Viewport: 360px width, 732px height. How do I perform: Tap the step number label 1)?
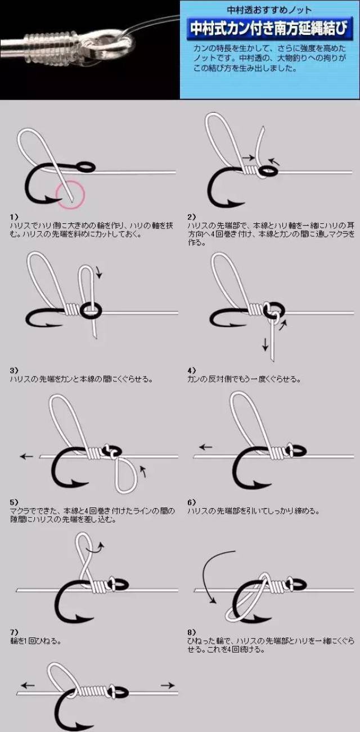[14, 217]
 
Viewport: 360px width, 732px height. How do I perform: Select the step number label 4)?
[192, 371]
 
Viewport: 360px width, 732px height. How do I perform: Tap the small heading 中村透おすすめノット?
[269, 10]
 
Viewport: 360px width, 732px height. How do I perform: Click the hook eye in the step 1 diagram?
[85, 167]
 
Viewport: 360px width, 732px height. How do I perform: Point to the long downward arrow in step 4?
[265, 344]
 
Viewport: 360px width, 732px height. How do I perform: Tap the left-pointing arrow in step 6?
[205, 447]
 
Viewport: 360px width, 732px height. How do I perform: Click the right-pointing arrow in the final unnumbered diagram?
[168, 685]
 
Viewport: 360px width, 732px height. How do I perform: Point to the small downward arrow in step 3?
[100, 273]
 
